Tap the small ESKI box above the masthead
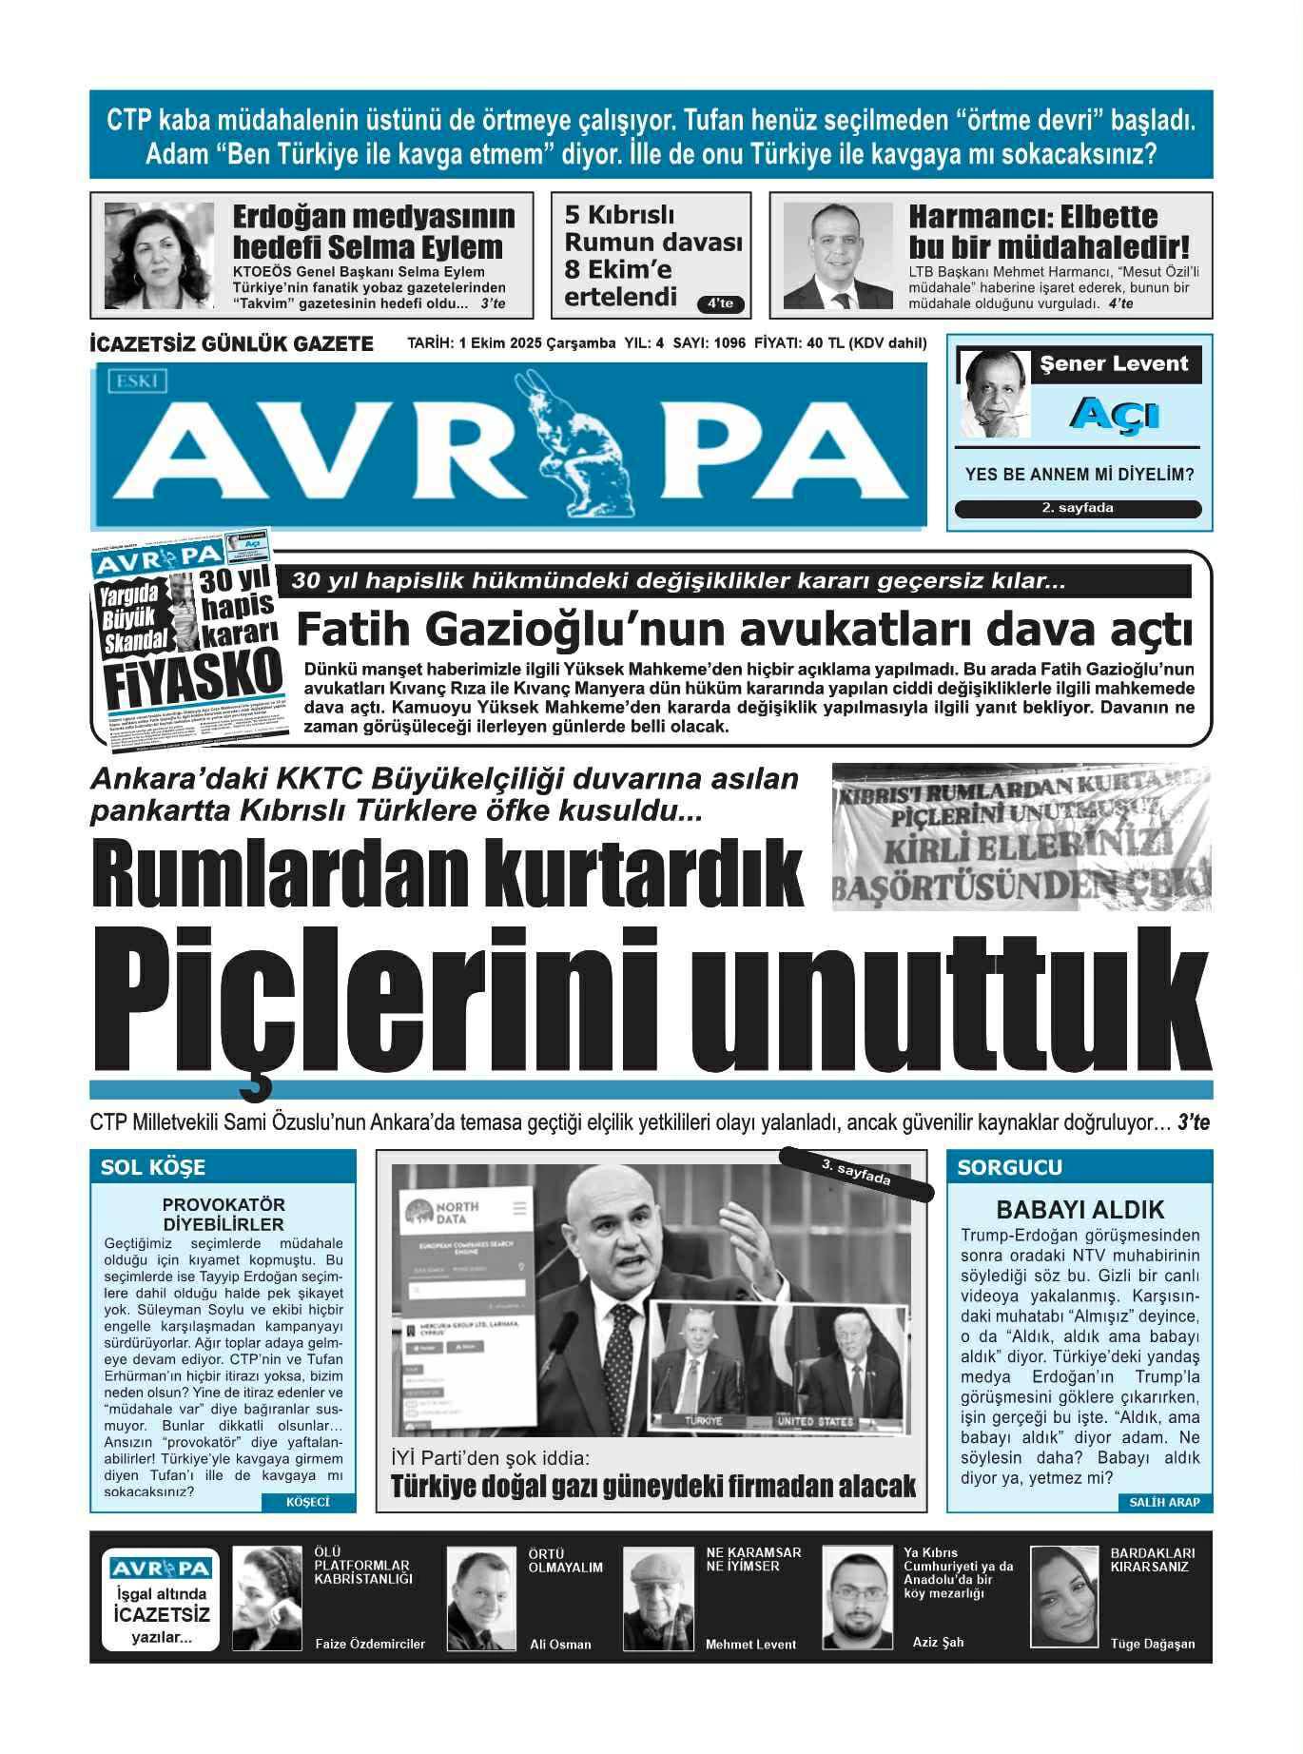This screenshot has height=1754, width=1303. [x=139, y=382]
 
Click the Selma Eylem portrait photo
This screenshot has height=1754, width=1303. [x=159, y=256]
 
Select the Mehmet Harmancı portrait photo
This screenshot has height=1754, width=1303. [x=838, y=256]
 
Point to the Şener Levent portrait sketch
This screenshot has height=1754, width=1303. [x=995, y=394]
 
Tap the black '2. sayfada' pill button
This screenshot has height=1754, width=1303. [x=1078, y=509]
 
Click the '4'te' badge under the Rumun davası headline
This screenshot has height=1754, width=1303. [x=720, y=304]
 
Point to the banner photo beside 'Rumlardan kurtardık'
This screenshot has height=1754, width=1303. [x=1021, y=836]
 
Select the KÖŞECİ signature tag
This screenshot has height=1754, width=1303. [x=307, y=1503]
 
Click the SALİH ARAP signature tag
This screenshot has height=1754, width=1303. [x=1164, y=1503]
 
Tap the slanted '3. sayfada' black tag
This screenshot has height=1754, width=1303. [x=856, y=1173]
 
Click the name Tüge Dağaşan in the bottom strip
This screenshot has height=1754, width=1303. [x=1152, y=1644]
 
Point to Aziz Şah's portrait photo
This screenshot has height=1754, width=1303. [x=857, y=1598]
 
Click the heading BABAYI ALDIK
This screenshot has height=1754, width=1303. [x=1079, y=1210]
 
